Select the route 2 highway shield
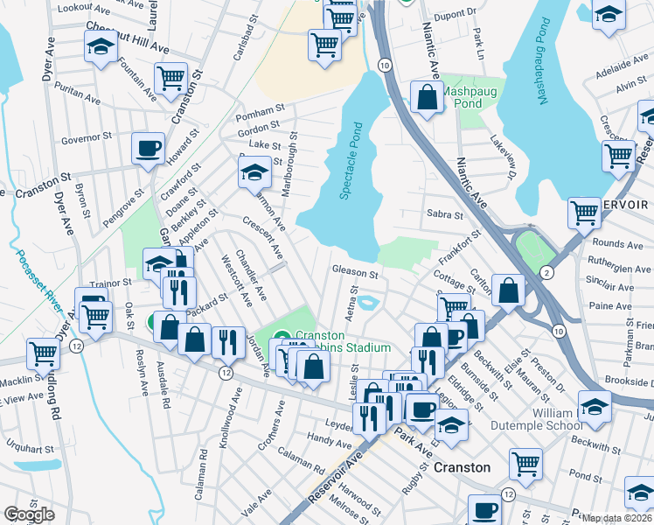[546, 273]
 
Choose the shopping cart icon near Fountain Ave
[172, 78]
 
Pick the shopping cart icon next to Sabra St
[583, 210]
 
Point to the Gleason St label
[354, 269]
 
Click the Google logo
[29, 514]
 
